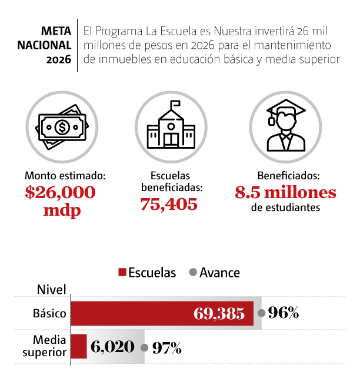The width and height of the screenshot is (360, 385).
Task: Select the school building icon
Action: coord(171,126)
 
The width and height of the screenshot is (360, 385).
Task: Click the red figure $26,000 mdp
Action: coord(60,201)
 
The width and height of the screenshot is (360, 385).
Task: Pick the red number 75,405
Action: coord(169,205)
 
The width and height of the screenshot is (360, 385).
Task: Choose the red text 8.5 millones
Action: coord(286,193)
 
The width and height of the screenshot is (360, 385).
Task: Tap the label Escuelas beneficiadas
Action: coord(172,182)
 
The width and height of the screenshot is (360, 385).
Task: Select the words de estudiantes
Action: coord(286,208)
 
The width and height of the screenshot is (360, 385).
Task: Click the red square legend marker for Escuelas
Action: coord(122,273)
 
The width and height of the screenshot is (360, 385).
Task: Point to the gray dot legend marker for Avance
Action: coord(192,273)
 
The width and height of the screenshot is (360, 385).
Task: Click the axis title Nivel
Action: coord(51,289)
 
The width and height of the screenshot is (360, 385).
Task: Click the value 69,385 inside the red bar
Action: coord(219,314)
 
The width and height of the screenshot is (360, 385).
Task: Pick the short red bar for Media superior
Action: coord(79,347)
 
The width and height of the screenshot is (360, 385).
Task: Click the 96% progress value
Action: coord(284,313)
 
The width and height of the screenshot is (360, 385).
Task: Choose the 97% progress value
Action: coord(166,348)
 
